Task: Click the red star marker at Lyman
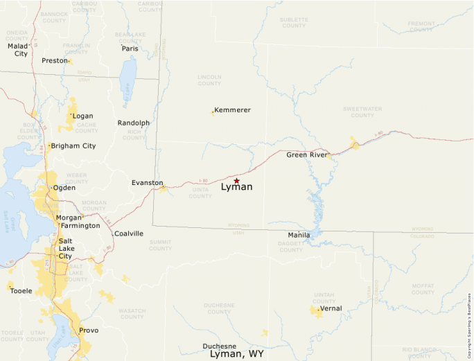[236, 181]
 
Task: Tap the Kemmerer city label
[233, 110]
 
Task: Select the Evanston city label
[147, 183]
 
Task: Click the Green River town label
[306, 155]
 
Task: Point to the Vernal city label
[331, 308]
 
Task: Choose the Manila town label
[299, 235]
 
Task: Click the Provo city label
[89, 331]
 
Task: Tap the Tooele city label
[21, 291]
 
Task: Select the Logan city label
[83, 116]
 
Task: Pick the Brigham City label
[73, 146]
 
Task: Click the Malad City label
[18, 50]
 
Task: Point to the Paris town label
[130, 49]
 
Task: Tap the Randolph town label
[133, 123]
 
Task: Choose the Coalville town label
[129, 234]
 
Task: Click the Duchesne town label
[220, 346]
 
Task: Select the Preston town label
[54, 60]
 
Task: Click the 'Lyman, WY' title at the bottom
[237, 354]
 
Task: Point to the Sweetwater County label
[362, 112]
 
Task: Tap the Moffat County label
[422, 288]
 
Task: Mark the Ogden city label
[64, 188]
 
